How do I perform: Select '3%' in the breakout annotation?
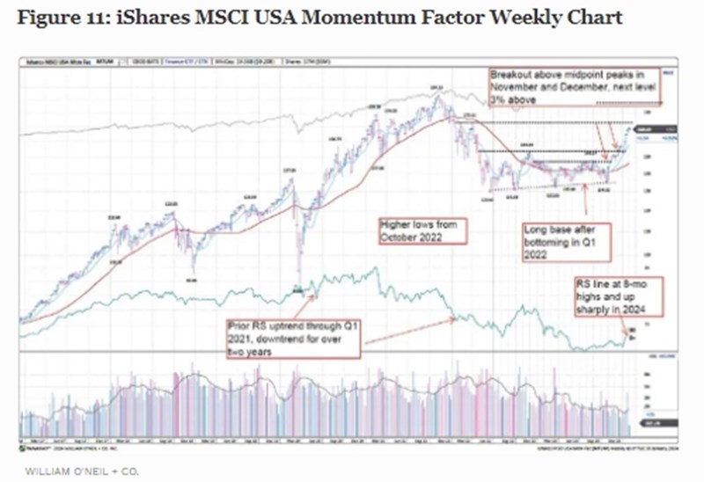point(498,101)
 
